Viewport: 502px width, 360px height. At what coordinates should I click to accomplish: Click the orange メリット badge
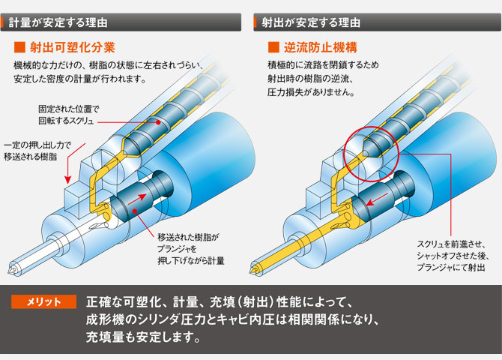44,301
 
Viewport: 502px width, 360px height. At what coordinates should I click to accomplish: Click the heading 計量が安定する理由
58,22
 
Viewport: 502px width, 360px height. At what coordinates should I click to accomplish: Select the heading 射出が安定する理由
311,22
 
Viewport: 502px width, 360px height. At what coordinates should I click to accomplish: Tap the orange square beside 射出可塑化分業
19,47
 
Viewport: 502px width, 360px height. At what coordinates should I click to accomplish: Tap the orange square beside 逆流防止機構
273,47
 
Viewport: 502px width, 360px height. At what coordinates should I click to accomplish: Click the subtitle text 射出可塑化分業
73,47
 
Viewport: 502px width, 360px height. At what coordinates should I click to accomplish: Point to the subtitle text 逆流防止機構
321,47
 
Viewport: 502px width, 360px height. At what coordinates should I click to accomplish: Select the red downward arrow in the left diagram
76,163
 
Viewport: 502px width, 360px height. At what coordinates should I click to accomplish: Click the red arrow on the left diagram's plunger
137,199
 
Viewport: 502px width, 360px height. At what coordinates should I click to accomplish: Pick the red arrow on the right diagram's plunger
377,199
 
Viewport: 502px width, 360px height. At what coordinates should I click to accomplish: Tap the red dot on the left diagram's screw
158,122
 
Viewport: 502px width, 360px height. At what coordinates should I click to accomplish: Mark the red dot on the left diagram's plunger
135,211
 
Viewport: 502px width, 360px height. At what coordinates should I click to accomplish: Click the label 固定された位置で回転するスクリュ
69,115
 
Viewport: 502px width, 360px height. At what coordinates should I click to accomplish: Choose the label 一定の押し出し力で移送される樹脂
37,151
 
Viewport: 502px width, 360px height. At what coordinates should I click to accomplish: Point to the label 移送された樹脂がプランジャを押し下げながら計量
191,249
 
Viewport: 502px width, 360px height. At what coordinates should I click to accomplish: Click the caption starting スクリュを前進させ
453,256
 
